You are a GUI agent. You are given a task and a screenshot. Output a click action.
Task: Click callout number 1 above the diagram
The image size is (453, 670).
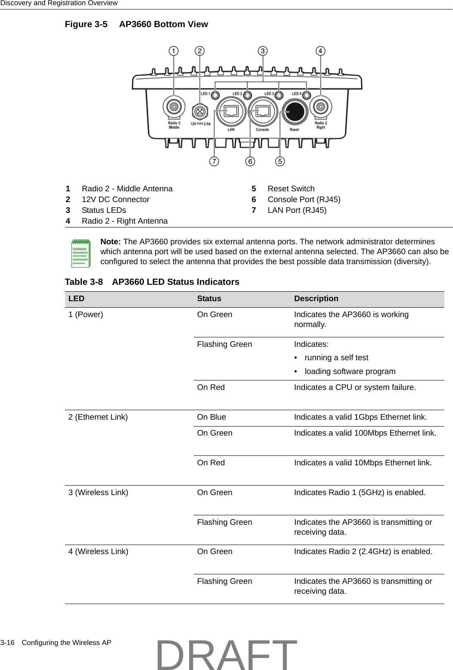pyautogui.click(x=174, y=51)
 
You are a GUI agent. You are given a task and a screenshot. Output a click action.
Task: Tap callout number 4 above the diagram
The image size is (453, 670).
pyautogui.click(x=320, y=51)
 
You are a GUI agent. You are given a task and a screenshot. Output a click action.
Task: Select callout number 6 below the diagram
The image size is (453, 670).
pyautogui.click(x=250, y=161)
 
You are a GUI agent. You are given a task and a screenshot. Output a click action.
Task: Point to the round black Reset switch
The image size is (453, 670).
pyautogui.click(x=295, y=112)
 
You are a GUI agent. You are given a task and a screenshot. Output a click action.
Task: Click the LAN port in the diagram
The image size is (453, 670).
pyautogui.click(x=231, y=111)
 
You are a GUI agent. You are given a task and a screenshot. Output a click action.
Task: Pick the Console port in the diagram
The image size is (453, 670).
pyautogui.click(x=262, y=111)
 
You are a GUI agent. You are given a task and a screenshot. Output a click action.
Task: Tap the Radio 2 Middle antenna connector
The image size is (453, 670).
pyautogui.click(x=174, y=106)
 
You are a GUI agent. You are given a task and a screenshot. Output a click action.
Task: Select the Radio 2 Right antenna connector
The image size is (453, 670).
pyautogui.click(x=320, y=106)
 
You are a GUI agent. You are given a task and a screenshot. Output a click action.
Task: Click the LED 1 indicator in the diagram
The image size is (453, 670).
pyautogui.click(x=216, y=95)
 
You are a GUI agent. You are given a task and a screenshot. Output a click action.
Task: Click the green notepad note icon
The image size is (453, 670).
pyautogui.click(x=81, y=254)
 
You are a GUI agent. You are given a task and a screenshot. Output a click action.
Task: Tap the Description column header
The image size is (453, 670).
pyautogui.click(x=316, y=299)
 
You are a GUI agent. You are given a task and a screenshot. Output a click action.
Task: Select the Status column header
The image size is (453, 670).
pyautogui.click(x=209, y=299)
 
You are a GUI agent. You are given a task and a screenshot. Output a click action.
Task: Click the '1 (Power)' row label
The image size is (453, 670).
pyautogui.click(x=86, y=315)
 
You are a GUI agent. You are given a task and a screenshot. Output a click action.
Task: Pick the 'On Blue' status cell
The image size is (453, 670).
pyautogui.click(x=211, y=417)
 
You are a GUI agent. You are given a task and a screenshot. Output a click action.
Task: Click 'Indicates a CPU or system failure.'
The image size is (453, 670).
pyautogui.click(x=355, y=387)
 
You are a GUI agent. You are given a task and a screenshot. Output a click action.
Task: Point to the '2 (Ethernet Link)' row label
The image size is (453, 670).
pyautogui.click(x=98, y=417)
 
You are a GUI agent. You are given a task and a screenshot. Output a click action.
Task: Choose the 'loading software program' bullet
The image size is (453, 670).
pyautogui.click(x=350, y=371)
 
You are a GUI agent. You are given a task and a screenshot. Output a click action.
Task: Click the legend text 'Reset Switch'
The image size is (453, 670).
pyautogui.click(x=291, y=189)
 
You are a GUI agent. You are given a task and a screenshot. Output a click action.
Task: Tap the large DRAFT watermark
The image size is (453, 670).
pyautogui.click(x=226, y=655)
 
